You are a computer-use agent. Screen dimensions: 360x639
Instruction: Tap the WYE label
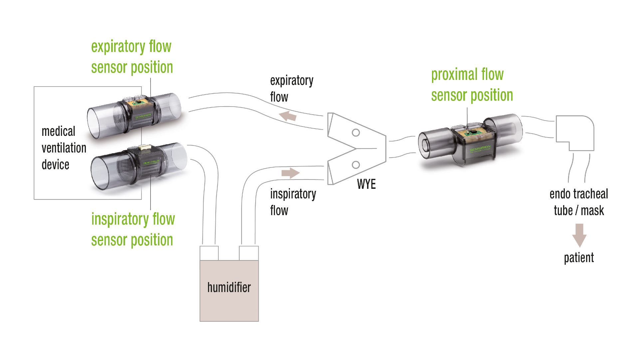click(x=366, y=184)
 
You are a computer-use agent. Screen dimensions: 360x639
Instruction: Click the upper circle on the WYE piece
click(x=356, y=133)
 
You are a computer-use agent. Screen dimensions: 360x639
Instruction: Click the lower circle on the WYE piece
click(x=356, y=165)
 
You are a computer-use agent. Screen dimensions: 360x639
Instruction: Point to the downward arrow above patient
click(x=579, y=235)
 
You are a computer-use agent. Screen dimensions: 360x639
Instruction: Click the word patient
click(x=579, y=258)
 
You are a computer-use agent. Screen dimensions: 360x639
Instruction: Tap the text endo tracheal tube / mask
click(x=579, y=202)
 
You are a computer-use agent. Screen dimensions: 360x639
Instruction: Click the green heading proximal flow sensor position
click(x=472, y=85)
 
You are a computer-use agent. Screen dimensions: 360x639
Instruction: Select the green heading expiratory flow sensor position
click(x=132, y=57)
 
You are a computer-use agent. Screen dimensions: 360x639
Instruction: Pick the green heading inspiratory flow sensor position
click(x=132, y=229)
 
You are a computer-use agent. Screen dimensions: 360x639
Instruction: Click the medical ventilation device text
click(x=63, y=148)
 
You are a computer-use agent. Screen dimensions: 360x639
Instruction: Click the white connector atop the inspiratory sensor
click(x=145, y=147)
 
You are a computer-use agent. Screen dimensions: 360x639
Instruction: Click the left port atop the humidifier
click(x=209, y=253)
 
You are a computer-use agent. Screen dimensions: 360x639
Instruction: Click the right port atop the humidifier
click(x=249, y=253)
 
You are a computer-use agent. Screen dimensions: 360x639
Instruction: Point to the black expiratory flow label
click(x=291, y=89)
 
